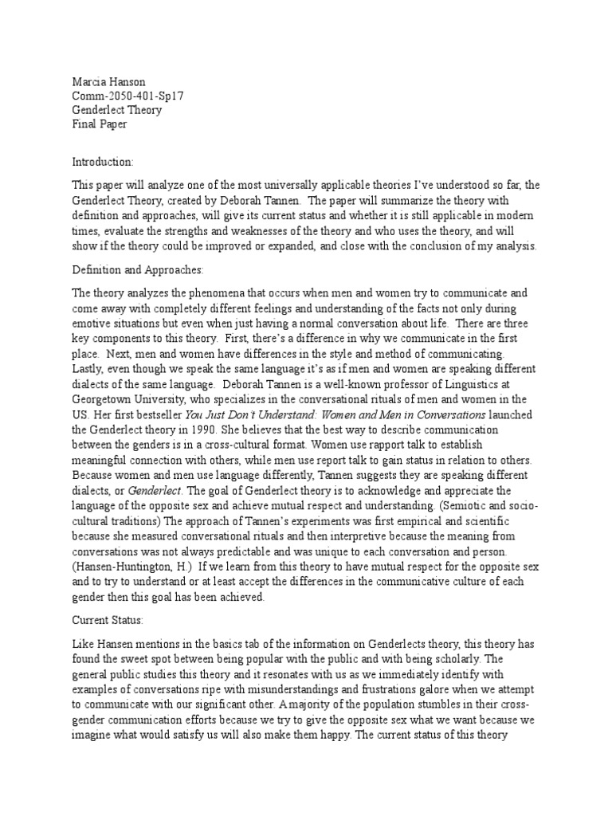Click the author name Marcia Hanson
pos(108,80)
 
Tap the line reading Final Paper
pos(99,124)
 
